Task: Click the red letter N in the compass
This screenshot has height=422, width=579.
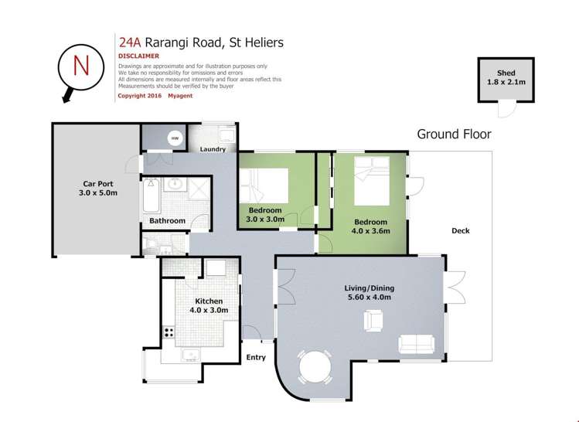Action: pos(81,66)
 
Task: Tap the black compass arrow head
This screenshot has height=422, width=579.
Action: pos(66,98)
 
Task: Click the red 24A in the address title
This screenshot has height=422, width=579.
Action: pos(130,43)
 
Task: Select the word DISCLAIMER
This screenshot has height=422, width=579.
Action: pos(138,56)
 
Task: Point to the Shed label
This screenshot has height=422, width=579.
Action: pos(506,73)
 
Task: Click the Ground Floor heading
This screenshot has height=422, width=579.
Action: pos(455,134)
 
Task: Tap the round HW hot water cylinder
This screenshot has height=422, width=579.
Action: pos(175,138)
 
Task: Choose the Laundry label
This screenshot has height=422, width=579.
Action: pos(213,149)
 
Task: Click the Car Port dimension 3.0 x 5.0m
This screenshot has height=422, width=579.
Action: pos(98,192)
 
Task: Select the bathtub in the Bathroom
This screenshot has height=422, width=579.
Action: pos(152,196)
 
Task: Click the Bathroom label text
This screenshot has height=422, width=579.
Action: pos(167,221)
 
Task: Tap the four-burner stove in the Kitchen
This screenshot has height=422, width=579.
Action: pos(169,332)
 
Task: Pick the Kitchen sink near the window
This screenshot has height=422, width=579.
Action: pos(190,355)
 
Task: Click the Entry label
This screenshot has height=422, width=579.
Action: pos(256,357)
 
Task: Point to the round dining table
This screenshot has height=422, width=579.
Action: pos(315,366)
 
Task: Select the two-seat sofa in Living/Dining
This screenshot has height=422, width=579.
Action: pos(416,344)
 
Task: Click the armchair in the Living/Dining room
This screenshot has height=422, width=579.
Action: pos(373,321)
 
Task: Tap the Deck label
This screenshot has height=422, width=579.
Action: pos(461,231)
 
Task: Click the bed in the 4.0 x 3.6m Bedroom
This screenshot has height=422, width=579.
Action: pos(372,181)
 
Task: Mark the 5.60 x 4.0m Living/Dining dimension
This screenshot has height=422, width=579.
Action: pos(370,298)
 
